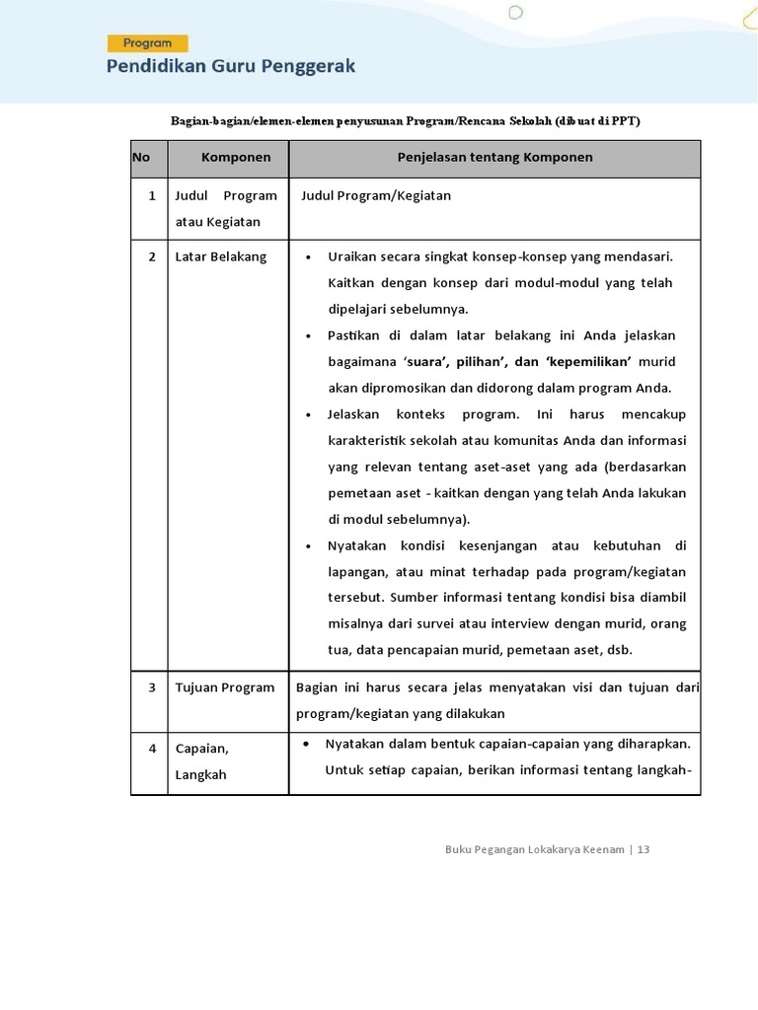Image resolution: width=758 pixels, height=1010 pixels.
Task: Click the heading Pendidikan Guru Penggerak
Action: point(231,67)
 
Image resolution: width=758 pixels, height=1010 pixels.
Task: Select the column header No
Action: point(140,158)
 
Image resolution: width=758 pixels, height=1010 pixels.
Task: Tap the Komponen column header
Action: point(236,158)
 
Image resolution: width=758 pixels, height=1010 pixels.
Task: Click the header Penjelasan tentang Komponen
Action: point(494,158)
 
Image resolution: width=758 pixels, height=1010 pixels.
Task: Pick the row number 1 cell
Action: point(152,196)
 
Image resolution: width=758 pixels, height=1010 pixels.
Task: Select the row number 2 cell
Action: point(152,257)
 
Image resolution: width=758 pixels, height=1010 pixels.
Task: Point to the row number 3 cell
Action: point(152,687)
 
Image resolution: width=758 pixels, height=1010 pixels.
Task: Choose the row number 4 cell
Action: point(152,749)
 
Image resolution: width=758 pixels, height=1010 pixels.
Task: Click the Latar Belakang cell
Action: point(221,257)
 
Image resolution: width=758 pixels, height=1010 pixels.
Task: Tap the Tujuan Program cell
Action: point(225,687)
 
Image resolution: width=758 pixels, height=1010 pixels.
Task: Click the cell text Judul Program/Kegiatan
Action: point(376,196)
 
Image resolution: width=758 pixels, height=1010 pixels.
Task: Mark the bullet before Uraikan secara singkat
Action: point(309,257)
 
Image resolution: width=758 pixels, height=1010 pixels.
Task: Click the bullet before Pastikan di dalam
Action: point(309,336)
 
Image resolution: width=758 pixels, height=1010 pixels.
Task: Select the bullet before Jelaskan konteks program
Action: point(309,415)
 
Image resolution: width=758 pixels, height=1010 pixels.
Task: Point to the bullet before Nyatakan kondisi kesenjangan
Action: point(309,546)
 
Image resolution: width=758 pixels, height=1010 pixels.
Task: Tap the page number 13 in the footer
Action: point(644,850)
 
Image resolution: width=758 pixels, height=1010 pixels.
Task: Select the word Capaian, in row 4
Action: point(201,749)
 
